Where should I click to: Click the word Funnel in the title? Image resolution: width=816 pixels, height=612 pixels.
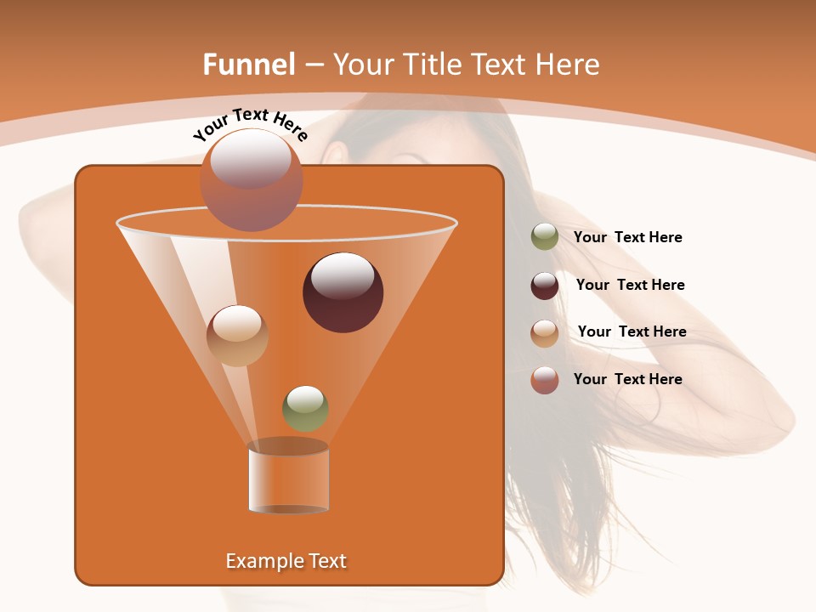click(x=248, y=65)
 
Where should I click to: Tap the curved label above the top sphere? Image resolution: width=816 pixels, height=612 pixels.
click(x=250, y=123)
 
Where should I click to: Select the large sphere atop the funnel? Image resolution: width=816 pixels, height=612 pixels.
click(x=252, y=180)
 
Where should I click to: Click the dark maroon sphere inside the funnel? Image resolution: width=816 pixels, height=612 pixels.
click(x=343, y=292)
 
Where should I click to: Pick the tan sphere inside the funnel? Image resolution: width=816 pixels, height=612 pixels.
click(x=237, y=336)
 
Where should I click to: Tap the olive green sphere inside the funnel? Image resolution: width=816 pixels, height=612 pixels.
click(x=305, y=408)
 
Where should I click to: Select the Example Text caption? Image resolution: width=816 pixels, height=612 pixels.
click(x=286, y=561)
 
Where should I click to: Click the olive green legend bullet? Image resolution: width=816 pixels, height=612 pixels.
click(x=545, y=237)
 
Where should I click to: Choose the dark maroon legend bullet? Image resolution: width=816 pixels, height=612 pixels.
click(x=545, y=286)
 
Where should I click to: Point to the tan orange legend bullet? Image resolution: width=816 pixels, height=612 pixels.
click(x=545, y=333)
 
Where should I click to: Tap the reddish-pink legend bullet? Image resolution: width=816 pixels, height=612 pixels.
click(x=545, y=380)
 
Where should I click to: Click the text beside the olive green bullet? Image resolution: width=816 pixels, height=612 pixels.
click(x=627, y=238)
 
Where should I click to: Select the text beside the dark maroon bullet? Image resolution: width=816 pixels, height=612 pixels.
click(x=630, y=285)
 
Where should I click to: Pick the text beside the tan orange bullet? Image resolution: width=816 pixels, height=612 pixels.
click(x=632, y=331)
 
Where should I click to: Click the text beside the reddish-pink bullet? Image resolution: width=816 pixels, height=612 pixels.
click(x=627, y=379)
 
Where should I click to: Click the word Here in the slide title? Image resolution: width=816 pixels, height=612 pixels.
click(x=569, y=65)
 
